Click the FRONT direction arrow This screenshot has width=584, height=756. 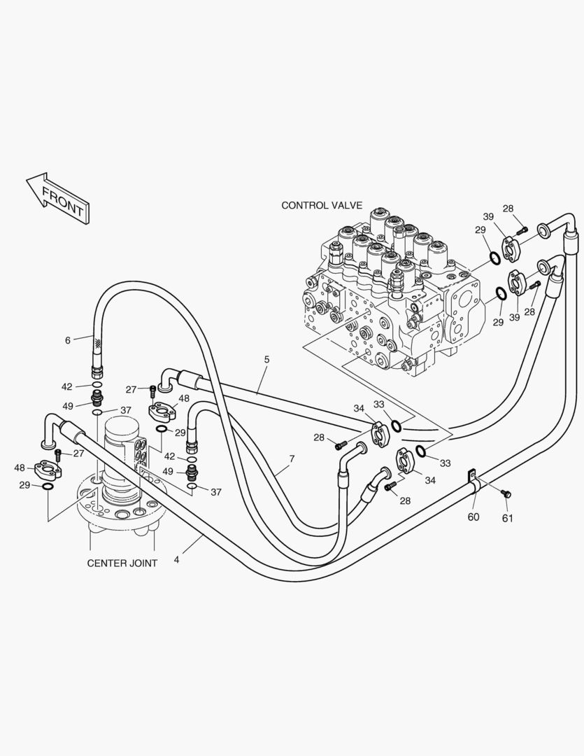coord(57,198)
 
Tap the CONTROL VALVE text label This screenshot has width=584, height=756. coord(322,205)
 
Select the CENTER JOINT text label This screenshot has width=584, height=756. coord(122,563)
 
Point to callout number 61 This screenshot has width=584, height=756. coord(508,518)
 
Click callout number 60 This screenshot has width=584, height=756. coord(473,517)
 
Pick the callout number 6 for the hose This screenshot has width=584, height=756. coord(68,340)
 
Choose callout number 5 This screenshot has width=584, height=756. coord(266,359)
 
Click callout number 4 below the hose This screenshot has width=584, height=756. coord(176,560)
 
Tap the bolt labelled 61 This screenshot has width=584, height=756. coord(508,494)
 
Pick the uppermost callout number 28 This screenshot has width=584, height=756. coord(508,209)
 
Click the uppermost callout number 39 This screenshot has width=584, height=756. coord(488,216)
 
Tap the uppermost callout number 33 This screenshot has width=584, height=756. coord(378,404)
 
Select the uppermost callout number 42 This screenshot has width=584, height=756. coord(67,386)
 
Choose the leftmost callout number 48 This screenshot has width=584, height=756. coord(20,468)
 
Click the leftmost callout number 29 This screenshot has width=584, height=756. coord(24,485)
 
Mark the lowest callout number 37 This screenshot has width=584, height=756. coord(216,492)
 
